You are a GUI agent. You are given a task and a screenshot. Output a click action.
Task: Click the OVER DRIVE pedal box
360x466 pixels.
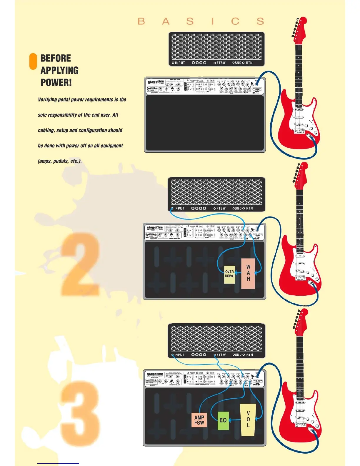(229, 274)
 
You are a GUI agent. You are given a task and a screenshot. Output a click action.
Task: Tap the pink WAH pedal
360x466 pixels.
(248, 273)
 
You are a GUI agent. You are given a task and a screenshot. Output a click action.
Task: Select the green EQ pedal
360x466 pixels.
(223, 420)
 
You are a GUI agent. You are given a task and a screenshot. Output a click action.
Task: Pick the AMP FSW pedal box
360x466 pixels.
(199, 420)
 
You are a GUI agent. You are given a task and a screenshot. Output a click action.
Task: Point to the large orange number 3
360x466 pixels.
(80, 412)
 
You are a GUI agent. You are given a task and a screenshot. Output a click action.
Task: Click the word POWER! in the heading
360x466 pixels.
(56, 83)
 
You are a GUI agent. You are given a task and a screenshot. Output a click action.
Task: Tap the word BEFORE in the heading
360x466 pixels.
(56, 58)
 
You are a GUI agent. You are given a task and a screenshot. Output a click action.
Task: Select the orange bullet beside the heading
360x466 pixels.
(33, 61)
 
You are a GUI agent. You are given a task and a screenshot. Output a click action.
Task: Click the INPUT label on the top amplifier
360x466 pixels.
(180, 63)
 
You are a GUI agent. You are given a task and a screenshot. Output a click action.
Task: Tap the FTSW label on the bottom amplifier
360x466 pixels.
(221, 355)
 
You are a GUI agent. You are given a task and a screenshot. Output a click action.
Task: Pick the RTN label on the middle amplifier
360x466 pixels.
(249, 208)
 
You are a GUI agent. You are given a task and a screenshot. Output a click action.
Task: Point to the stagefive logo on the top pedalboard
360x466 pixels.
(156, 82)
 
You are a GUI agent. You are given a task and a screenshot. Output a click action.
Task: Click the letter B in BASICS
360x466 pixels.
(141, 21)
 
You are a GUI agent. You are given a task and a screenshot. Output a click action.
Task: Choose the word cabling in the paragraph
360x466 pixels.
(46, 130)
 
